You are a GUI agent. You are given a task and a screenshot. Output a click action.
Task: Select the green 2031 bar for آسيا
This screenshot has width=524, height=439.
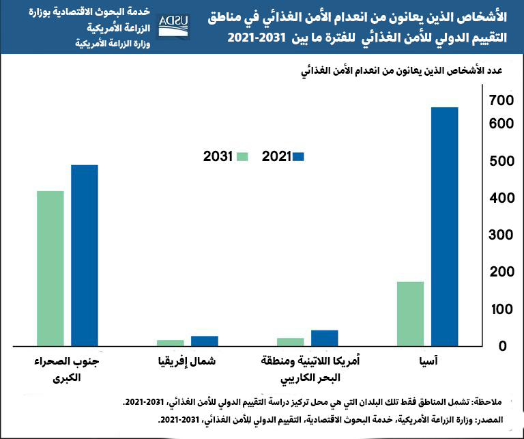pos(410,313)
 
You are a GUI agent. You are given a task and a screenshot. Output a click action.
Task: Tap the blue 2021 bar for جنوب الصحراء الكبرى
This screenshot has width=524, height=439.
pos(85,255)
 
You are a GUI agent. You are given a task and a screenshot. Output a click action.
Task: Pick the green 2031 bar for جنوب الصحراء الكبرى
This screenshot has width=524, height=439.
pos(50,268)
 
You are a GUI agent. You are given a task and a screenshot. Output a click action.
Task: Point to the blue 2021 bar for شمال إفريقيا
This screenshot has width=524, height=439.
pos(205,341)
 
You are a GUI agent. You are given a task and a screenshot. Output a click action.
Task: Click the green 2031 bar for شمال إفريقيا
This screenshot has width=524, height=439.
pos(171,343)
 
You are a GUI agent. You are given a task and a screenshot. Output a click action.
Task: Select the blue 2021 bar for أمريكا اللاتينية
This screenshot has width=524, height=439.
pos(325,338)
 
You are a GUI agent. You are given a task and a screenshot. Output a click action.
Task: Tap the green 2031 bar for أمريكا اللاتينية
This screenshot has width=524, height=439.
pos(291,341)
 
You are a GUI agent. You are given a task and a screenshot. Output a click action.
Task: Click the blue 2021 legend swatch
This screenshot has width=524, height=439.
pos(297,156)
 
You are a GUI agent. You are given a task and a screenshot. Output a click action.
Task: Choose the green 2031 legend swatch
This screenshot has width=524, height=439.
pos(242,156)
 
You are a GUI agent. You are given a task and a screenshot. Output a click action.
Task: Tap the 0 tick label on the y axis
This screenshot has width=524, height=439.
pos(505,346)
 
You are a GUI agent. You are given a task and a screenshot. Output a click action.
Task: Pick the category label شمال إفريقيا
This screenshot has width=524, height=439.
pos(187,361)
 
